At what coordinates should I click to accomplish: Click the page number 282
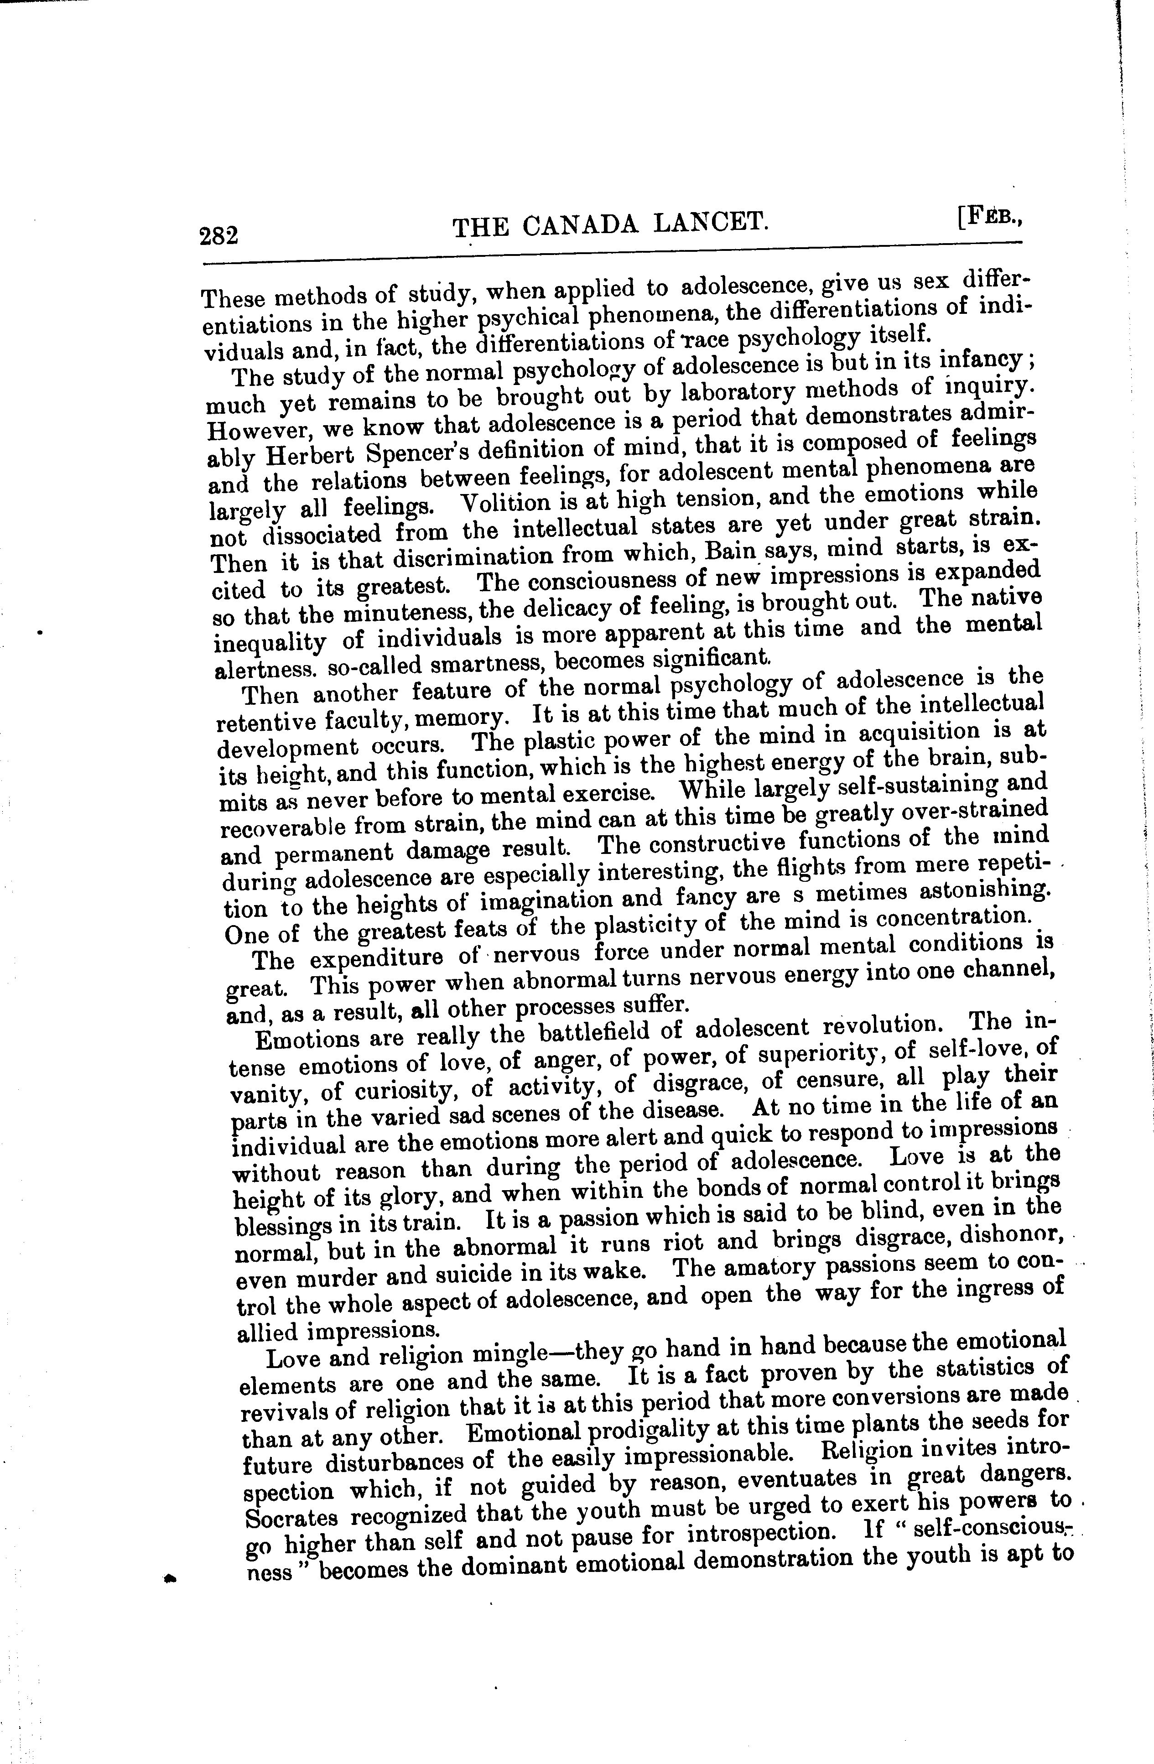[x=219, y=236]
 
